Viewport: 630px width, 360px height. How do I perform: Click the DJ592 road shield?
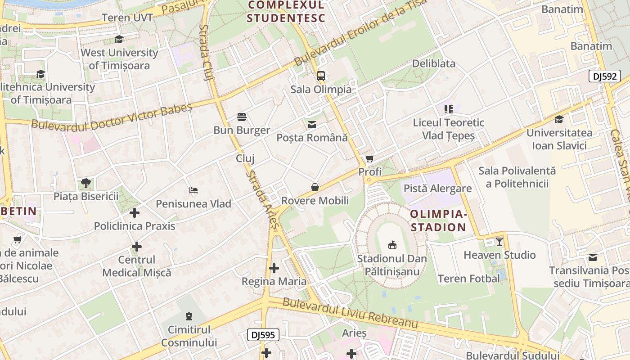604,76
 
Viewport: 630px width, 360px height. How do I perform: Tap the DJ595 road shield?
263,335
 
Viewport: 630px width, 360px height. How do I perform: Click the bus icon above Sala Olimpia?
321,76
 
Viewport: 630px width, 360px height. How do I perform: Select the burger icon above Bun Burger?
242,117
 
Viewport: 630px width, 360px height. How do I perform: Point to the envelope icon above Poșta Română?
312,125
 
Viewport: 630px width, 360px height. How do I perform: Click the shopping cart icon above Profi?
370,158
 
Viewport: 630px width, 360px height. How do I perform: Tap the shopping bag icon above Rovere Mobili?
315,187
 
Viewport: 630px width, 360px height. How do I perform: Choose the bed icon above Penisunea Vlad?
193,190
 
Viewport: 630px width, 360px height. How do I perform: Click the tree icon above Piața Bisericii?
86,183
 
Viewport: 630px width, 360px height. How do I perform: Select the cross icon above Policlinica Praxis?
135,213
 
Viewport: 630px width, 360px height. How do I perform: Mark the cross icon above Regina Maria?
274,268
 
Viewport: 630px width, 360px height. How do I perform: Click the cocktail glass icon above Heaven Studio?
499,242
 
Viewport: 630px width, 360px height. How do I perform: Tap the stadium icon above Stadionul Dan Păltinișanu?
392,245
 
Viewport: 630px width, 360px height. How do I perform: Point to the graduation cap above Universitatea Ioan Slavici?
559,119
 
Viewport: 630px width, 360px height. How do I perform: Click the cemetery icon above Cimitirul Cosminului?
189,316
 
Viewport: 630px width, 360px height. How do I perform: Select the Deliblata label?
434,63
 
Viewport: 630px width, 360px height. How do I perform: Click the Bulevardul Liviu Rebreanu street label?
350,313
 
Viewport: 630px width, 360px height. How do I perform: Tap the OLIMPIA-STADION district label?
438,220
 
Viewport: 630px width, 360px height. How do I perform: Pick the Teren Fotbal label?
469,279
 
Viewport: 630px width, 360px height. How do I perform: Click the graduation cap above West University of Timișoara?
119,40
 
